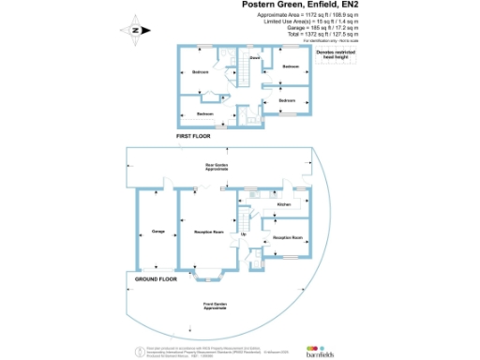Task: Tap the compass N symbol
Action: click(135, 31)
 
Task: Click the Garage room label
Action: click(158, 231)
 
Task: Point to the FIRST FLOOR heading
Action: click(194, 137)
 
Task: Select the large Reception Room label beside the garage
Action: click(208, 231)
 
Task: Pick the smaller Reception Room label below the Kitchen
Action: click(287, 238)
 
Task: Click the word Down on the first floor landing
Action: click(254, 57)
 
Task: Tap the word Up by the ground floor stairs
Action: click(245, 233)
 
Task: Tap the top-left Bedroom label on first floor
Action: click(200, 72)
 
